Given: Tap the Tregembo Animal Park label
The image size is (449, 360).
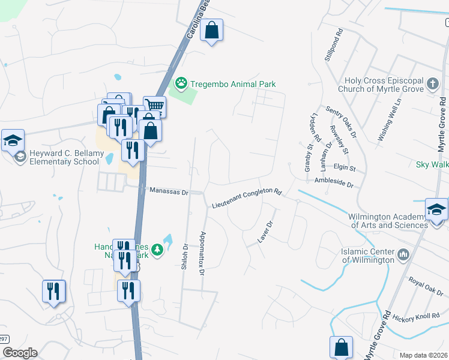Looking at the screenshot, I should pyautogui.click(x=232, y=84).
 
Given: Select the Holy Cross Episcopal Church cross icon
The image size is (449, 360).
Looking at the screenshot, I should pyautogui.click(x=433, y=83).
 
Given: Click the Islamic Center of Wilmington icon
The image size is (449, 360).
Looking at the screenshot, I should pyautogui.click(x=403, y=256).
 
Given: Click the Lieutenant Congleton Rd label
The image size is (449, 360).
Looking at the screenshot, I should pyautogui.click(x=247, y=199).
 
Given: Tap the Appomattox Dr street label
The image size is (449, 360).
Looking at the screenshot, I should pyautogui.click(x=203, y=253).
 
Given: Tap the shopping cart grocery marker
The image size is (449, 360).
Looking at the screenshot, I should pyautogui.click(x=154, y=106).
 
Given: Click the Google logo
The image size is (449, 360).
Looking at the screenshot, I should pyautogui.click(x=20, y=353).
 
